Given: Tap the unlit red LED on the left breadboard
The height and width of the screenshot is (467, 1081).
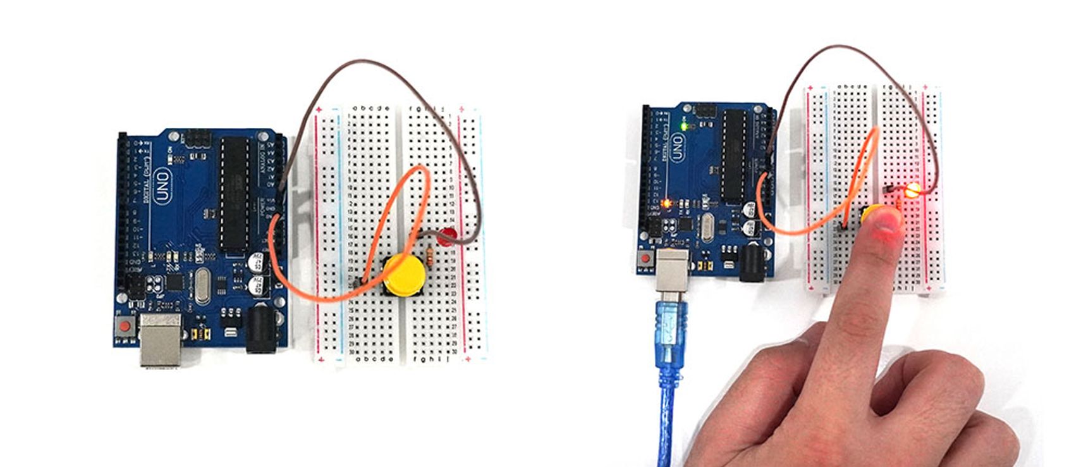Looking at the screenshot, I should pos(447,236).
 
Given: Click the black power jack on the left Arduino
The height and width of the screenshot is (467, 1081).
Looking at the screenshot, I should pos(260,328).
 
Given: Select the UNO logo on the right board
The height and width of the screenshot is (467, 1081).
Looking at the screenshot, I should pos(676,147).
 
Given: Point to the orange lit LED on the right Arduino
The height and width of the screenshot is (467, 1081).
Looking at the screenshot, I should pos(666,204).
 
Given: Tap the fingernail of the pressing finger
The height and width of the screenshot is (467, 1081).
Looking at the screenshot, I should pos(888,221).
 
